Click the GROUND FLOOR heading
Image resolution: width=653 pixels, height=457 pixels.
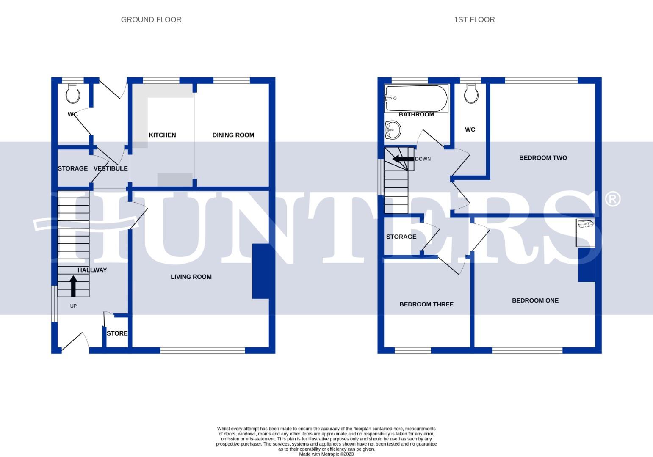[x=151, y=19]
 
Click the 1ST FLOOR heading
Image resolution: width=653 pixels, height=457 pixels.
[x=474, y=19]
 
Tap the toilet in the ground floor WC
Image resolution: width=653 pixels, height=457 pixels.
[x=73, y=94]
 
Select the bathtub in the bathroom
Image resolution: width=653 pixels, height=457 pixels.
[x=416, y=99]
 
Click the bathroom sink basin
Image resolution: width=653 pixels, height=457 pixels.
[x=393, y=129]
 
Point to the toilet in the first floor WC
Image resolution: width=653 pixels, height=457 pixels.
[x=471, y=94]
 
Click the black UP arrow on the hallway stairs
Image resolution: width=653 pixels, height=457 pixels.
[x=73, y=286]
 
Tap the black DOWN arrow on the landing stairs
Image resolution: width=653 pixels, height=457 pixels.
[x=403, y=159]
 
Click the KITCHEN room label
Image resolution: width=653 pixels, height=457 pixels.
[x=162, y=135]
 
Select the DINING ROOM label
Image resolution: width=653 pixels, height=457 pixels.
[x=233, y=135]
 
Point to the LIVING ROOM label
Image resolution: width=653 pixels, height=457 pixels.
[x=191, y=277]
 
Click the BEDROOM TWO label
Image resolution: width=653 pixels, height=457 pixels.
[x=543, y=158]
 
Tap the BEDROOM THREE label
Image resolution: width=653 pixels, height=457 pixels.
[x=426, y=304]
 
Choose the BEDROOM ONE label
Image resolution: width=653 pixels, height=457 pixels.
[x=535, y=300]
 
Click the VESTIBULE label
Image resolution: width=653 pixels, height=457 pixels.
[x=111, y=168]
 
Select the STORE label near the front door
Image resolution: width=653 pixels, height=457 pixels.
[x=117, y=333]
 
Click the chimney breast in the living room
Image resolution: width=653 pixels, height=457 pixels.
[x=260, y=271]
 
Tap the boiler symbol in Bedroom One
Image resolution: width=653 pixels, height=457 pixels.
[x=585, y=232]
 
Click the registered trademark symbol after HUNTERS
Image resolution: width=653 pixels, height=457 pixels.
[x=612, y=199]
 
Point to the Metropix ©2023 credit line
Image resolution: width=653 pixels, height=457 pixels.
[x=326, y=454]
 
